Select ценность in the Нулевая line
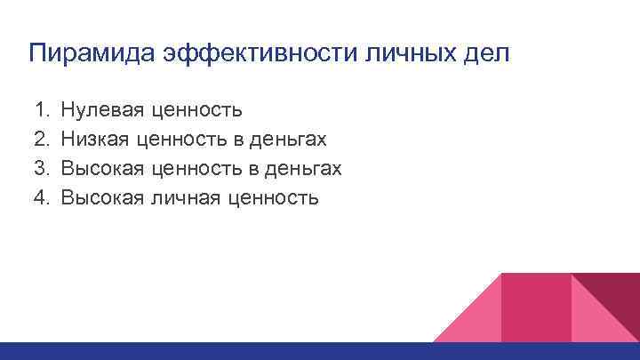196,111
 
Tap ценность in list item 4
276,196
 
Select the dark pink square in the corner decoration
535,307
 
